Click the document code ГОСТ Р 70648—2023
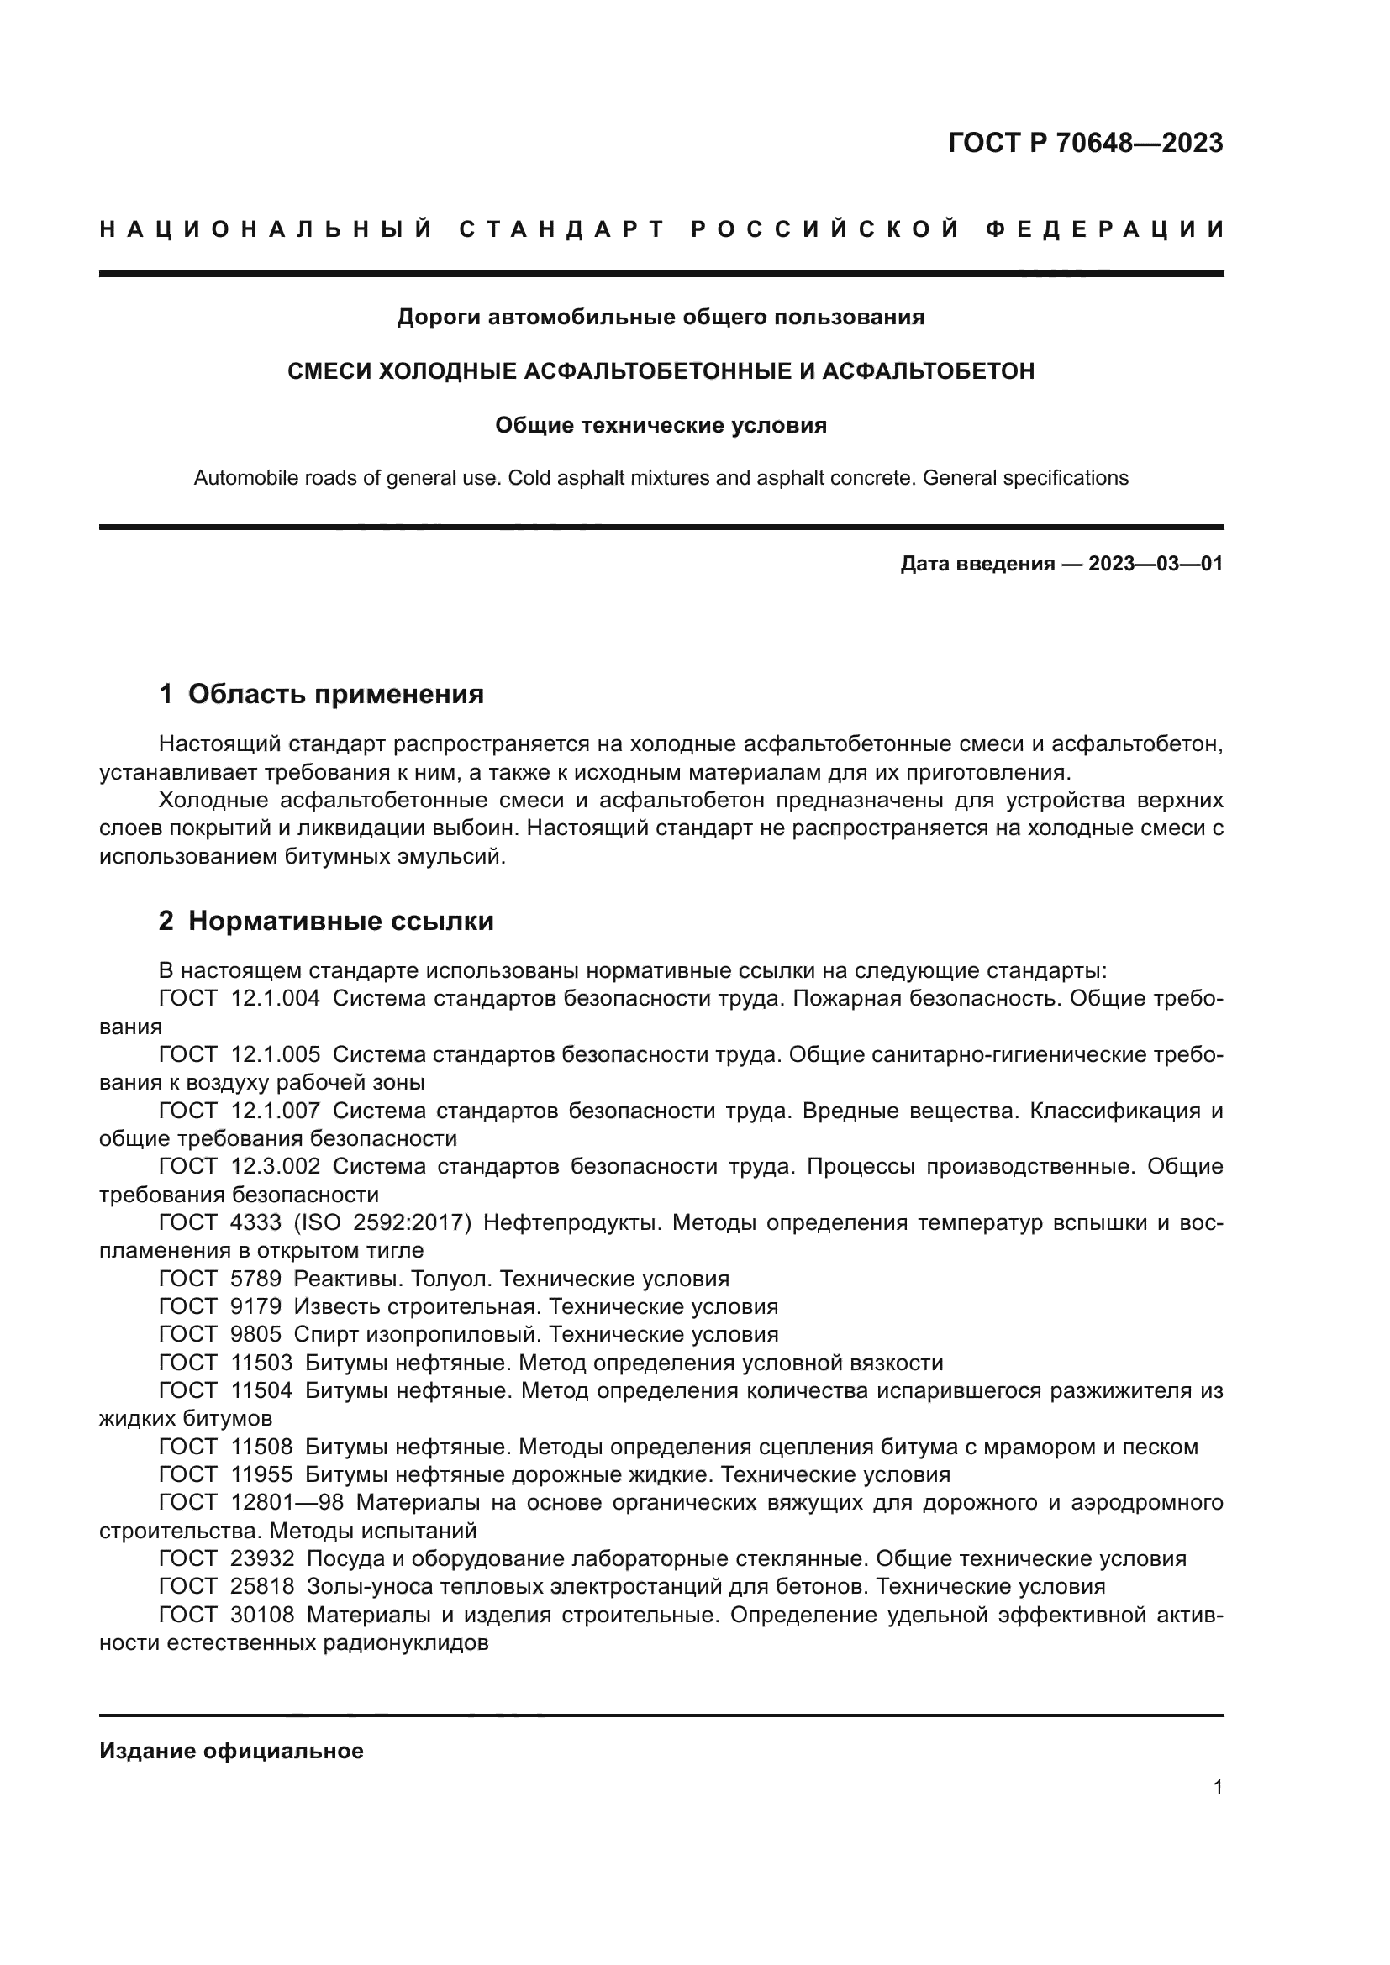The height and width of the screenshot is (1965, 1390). coord(1084,143)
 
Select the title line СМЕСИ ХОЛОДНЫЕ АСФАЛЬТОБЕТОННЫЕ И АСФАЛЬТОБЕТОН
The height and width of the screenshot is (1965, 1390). coord(661,370)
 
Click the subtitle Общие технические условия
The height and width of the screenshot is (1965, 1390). coord(661,425)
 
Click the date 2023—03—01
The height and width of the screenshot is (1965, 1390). coord(1155,563)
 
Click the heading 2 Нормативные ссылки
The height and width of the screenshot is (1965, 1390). coord(326,921)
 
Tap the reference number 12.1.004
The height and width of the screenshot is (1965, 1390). coord(276,998)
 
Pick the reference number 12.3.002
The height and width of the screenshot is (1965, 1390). coord(276,1167)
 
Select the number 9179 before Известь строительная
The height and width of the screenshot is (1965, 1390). coord(256,1307)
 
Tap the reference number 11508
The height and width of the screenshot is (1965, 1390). coord(262,1447)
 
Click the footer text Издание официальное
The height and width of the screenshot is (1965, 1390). coord(231,1751)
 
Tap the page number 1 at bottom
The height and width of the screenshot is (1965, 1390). coord(1217,1787)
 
